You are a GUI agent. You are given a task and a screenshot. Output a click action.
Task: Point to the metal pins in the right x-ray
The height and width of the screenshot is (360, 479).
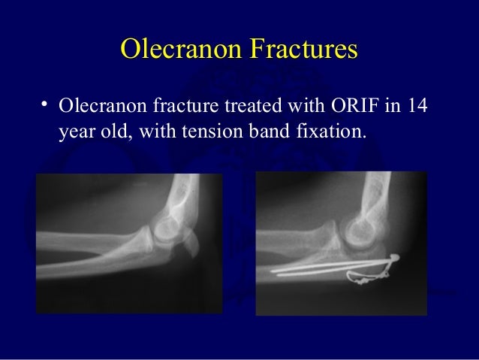tap(330, 268)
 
